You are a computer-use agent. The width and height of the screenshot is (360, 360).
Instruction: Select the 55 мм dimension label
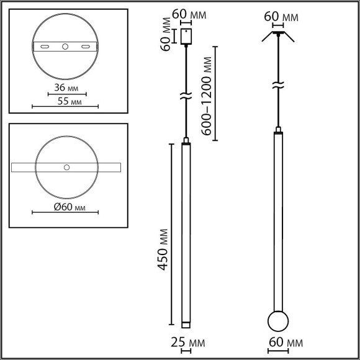point(67,101)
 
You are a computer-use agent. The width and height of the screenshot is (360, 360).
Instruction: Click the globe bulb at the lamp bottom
point(277,322)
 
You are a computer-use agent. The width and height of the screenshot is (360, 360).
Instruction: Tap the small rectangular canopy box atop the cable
point(186,37)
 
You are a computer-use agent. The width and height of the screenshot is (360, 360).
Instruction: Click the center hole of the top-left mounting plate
point(66,47)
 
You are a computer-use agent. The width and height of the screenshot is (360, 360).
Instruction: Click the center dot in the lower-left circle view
point(66,167)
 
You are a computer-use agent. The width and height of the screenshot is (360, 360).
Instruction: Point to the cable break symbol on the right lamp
point(277,85)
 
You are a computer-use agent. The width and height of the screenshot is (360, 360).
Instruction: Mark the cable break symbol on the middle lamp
point(185,96)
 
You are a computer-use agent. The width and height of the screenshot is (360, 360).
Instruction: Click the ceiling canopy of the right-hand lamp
point(277,31)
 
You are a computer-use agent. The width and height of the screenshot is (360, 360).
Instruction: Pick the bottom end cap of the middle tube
point(185,324)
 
